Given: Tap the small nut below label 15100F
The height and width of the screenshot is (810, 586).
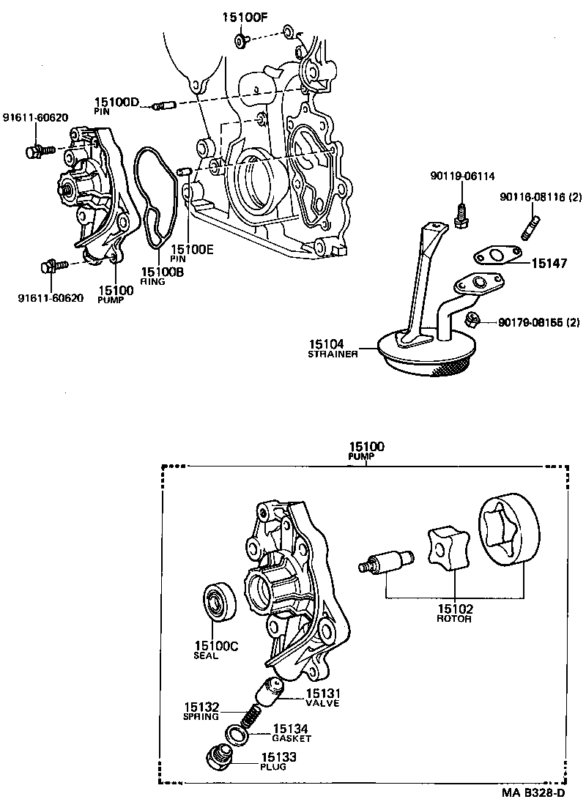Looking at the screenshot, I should (x=241, y=41).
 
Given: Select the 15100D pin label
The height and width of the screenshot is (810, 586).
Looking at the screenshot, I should (x=116, y=103).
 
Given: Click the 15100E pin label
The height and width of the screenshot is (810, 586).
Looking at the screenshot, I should (x=192, y=249).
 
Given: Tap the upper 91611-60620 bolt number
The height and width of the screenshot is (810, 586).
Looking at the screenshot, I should (x=34, y=117).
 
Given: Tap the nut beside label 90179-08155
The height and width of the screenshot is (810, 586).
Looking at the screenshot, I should (x=472, y=319).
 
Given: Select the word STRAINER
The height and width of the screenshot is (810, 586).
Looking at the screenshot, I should (x=333, y=354).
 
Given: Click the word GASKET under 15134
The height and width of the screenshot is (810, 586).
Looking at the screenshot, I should (x=292, y=738).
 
